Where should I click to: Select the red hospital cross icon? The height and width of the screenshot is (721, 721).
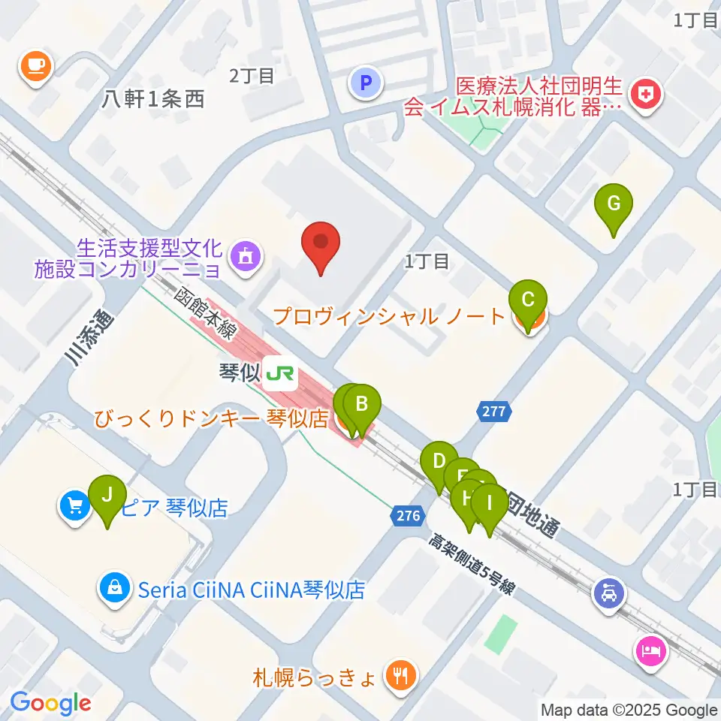[x=644, y=95]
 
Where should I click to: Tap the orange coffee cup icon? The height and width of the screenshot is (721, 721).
[x=35, y=67]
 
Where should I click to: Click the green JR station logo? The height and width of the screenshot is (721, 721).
[x=280, y=373]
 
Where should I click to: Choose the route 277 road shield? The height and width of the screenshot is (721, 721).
[x=493, y=412]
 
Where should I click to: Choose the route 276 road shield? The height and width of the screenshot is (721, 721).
[x=406, y=515]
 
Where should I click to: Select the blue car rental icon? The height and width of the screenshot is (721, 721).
[x=608, y=592]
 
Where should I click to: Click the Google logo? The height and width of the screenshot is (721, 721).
[x=50, y=703]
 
